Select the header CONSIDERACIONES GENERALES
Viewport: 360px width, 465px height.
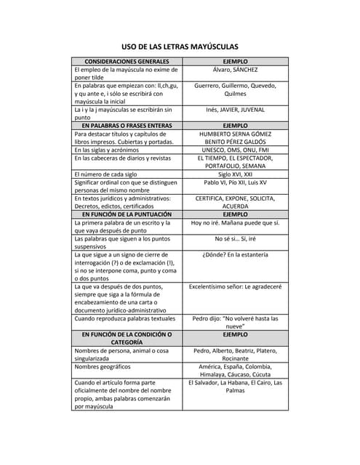(127, 62)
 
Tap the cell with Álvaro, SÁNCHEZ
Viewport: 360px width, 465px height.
(235, 70)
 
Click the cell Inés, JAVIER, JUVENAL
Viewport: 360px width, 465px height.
(235, 110)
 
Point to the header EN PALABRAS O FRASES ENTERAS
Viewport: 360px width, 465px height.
(127, 126)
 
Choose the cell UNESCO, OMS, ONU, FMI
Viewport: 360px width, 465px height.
(235, 150)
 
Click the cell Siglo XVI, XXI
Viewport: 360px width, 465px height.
(235, 174)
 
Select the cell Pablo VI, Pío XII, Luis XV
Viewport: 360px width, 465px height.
(235, 182)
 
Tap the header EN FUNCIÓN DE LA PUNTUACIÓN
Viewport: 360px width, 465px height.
(127, 214)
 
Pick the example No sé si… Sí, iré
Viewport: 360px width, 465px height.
(235, 238)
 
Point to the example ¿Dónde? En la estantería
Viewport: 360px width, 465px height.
(235, 254)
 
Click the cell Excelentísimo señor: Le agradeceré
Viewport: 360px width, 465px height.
(235, 286)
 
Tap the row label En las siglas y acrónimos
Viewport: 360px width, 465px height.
(116, 150)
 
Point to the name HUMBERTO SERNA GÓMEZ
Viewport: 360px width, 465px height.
(235, 134)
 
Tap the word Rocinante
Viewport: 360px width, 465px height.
(235, 358)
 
